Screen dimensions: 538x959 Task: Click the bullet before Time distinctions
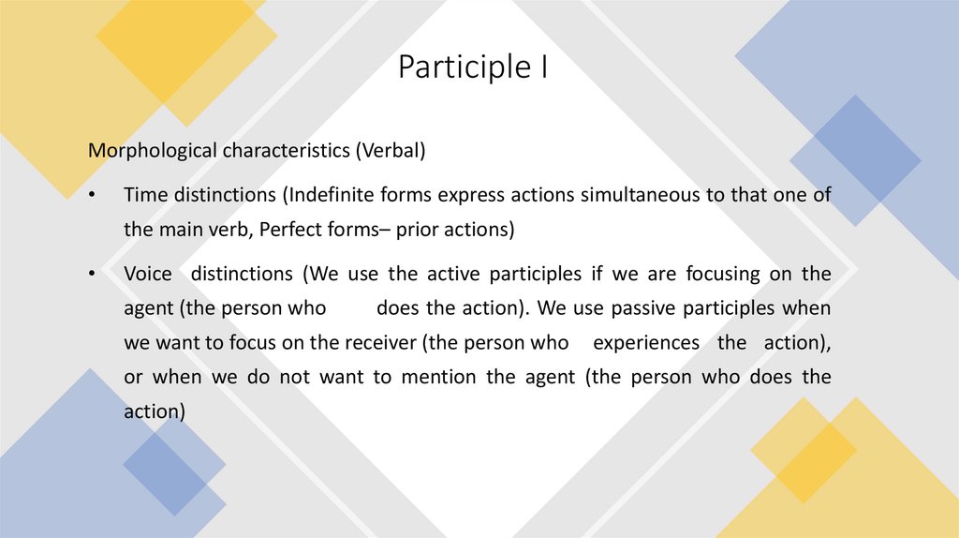92,195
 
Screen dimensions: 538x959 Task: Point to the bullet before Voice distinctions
92,274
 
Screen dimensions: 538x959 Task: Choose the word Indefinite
332,194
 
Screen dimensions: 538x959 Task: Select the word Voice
148,274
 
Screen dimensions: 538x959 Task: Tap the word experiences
646,342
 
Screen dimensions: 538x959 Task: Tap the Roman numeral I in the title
544,68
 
